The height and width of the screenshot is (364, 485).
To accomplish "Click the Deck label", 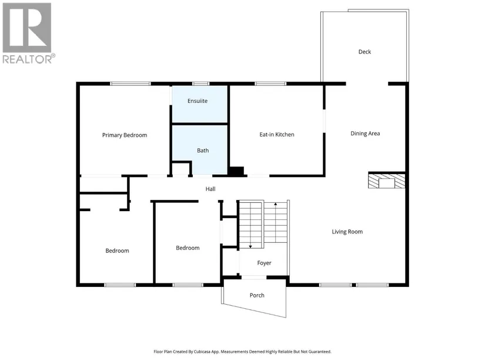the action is pos(364,52).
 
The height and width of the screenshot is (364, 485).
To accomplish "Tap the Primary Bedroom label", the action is pos(125,135).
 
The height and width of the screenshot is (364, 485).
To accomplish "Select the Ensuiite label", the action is pos(198,101).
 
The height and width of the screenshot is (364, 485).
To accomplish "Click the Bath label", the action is pos(203,151).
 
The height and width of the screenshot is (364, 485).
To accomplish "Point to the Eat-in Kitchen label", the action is pos(277,135).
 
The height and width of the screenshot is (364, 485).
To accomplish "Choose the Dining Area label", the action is pos(365,133).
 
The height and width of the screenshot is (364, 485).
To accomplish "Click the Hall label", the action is pos(210,189).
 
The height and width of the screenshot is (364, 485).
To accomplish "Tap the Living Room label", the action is pos(347,232).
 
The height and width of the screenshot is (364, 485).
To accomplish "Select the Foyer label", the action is pos(264,263).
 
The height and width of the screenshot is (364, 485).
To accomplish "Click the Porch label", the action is pos(257,295).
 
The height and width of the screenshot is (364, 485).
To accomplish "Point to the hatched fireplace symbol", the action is pos(386,181).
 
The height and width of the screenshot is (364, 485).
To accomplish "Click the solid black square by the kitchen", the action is pos(236,171).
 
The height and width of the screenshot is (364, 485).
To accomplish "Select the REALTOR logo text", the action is pos(29,59).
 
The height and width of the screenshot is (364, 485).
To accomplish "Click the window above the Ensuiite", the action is pos(200,84).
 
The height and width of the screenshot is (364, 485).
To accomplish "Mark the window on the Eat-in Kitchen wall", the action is pos(270,84).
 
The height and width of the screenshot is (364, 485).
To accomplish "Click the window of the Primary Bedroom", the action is pos(131,84).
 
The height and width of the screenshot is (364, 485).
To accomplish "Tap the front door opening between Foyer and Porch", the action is pos(253,277).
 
